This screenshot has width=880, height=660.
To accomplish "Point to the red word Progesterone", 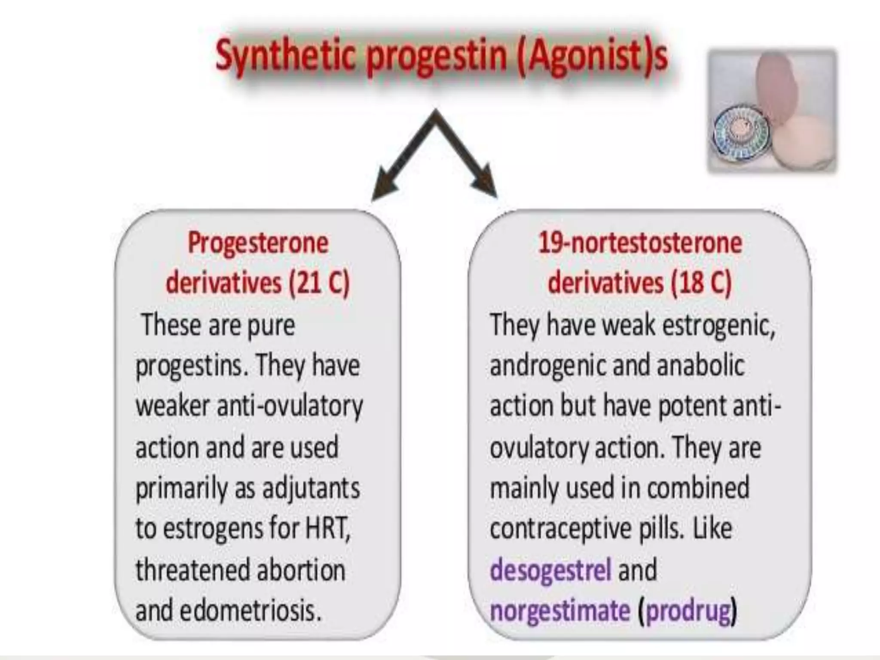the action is [x=258, y=243].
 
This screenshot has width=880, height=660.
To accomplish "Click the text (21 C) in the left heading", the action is [x=320, y=283].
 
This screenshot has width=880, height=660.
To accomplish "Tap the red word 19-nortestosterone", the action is [x=640, y=243].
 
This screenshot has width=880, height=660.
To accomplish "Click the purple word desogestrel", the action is [x=550, y=570].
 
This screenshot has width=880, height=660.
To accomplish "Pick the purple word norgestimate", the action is [x=560, y=611].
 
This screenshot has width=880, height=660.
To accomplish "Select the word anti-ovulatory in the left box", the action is [x=290, y=406].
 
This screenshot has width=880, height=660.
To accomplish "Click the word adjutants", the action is [x=311, y=489].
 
